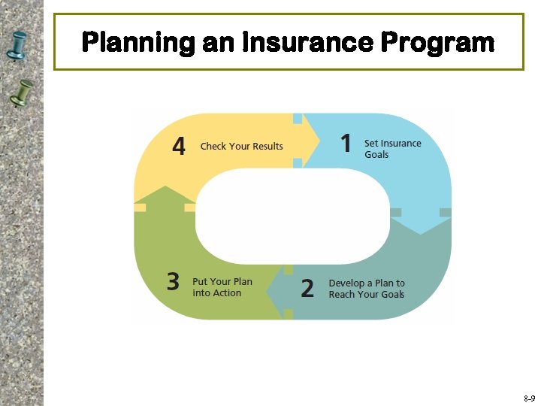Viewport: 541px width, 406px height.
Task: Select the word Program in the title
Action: tap(437, 42)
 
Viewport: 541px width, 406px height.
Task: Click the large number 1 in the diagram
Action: tap(346, 143)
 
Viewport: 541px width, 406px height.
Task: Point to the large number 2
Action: tap(307, 289)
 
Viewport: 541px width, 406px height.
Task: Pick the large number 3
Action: tap(174, 282)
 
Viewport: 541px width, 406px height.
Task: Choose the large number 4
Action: tap(179, 146)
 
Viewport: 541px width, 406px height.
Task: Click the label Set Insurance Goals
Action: tap(392, 149)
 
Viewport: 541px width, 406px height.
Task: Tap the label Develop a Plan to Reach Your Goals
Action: tap(367, 289)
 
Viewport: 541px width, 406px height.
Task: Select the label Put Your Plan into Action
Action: tap(222, 287)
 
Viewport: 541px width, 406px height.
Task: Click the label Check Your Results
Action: tap(241, 146)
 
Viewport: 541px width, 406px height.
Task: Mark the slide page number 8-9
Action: tap(529, 398)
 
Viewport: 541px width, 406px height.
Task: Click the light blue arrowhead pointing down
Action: tap(421, 222)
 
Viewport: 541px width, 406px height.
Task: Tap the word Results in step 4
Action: tap(267, 146)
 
